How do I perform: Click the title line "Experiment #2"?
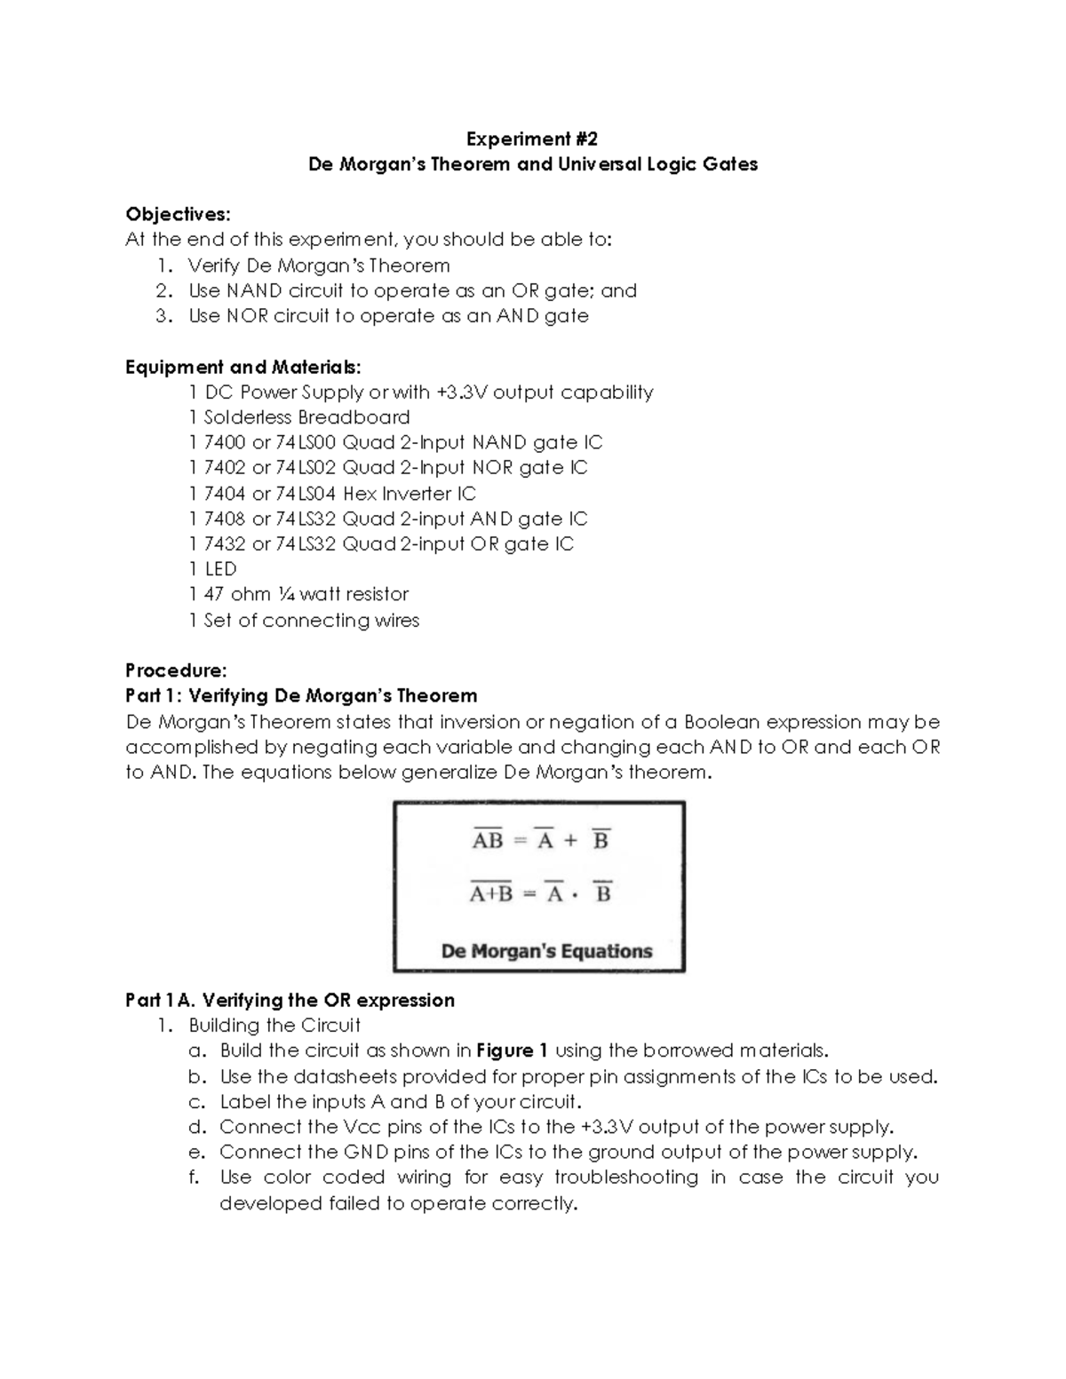click(x=532, y=139)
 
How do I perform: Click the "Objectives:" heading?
click(x=178, y=214)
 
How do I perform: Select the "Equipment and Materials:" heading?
click(x=243, y=367)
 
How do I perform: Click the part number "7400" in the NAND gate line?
click(x=225, y=442)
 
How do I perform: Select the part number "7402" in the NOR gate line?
click(x=225, y=468)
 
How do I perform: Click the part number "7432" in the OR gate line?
click(x=225, y=544)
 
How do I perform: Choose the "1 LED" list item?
click(x=212, y=569)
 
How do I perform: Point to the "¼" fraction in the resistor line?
click(x=288, y=594)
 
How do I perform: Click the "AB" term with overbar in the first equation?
click(x=488, y=839)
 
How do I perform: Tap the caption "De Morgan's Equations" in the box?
click(x=546, y=951)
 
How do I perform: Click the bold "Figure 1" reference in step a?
click(x=512, y=1050)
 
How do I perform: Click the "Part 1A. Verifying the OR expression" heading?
click(x=290, y=1001)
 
